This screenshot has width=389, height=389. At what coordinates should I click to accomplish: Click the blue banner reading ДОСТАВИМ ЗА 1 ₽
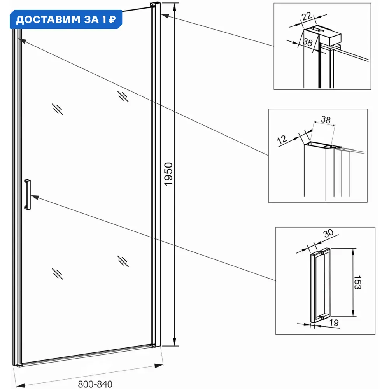point(66,19)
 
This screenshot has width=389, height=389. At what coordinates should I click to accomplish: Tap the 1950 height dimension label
point(168,174)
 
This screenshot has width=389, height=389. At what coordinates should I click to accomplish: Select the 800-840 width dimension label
point(95,384)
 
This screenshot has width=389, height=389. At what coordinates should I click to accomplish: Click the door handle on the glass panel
point(27,194)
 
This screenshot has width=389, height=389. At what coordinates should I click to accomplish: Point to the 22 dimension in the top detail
point(307,16)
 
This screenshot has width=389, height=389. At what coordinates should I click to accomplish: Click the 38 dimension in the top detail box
point(308,42)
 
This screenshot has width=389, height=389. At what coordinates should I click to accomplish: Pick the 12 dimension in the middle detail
point(282,139)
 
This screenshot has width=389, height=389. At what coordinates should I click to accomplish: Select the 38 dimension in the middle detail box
point(326,120)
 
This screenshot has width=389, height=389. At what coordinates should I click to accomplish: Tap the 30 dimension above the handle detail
point(328,233)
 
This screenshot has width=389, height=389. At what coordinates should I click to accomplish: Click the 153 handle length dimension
point(357,282)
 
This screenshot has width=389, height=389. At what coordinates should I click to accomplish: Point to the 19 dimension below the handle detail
point(334,322)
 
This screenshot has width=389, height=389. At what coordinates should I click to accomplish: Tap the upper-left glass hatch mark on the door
point(58,109)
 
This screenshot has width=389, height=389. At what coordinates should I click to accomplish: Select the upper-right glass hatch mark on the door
point(123,96)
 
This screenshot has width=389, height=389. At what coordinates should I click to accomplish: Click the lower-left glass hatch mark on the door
point(58,274)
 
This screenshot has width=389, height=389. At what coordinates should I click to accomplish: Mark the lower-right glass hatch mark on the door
point(123,261)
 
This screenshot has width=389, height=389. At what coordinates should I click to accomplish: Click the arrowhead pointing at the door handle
point(35,197)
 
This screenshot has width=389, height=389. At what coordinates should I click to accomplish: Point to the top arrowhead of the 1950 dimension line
point(175,7)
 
